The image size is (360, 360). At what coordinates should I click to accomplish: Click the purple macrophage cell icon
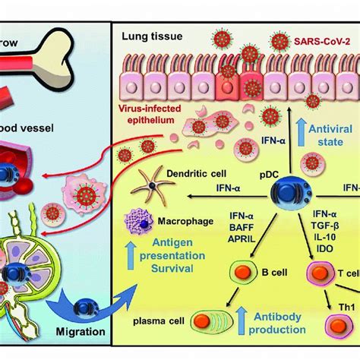[x=140, y=229]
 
